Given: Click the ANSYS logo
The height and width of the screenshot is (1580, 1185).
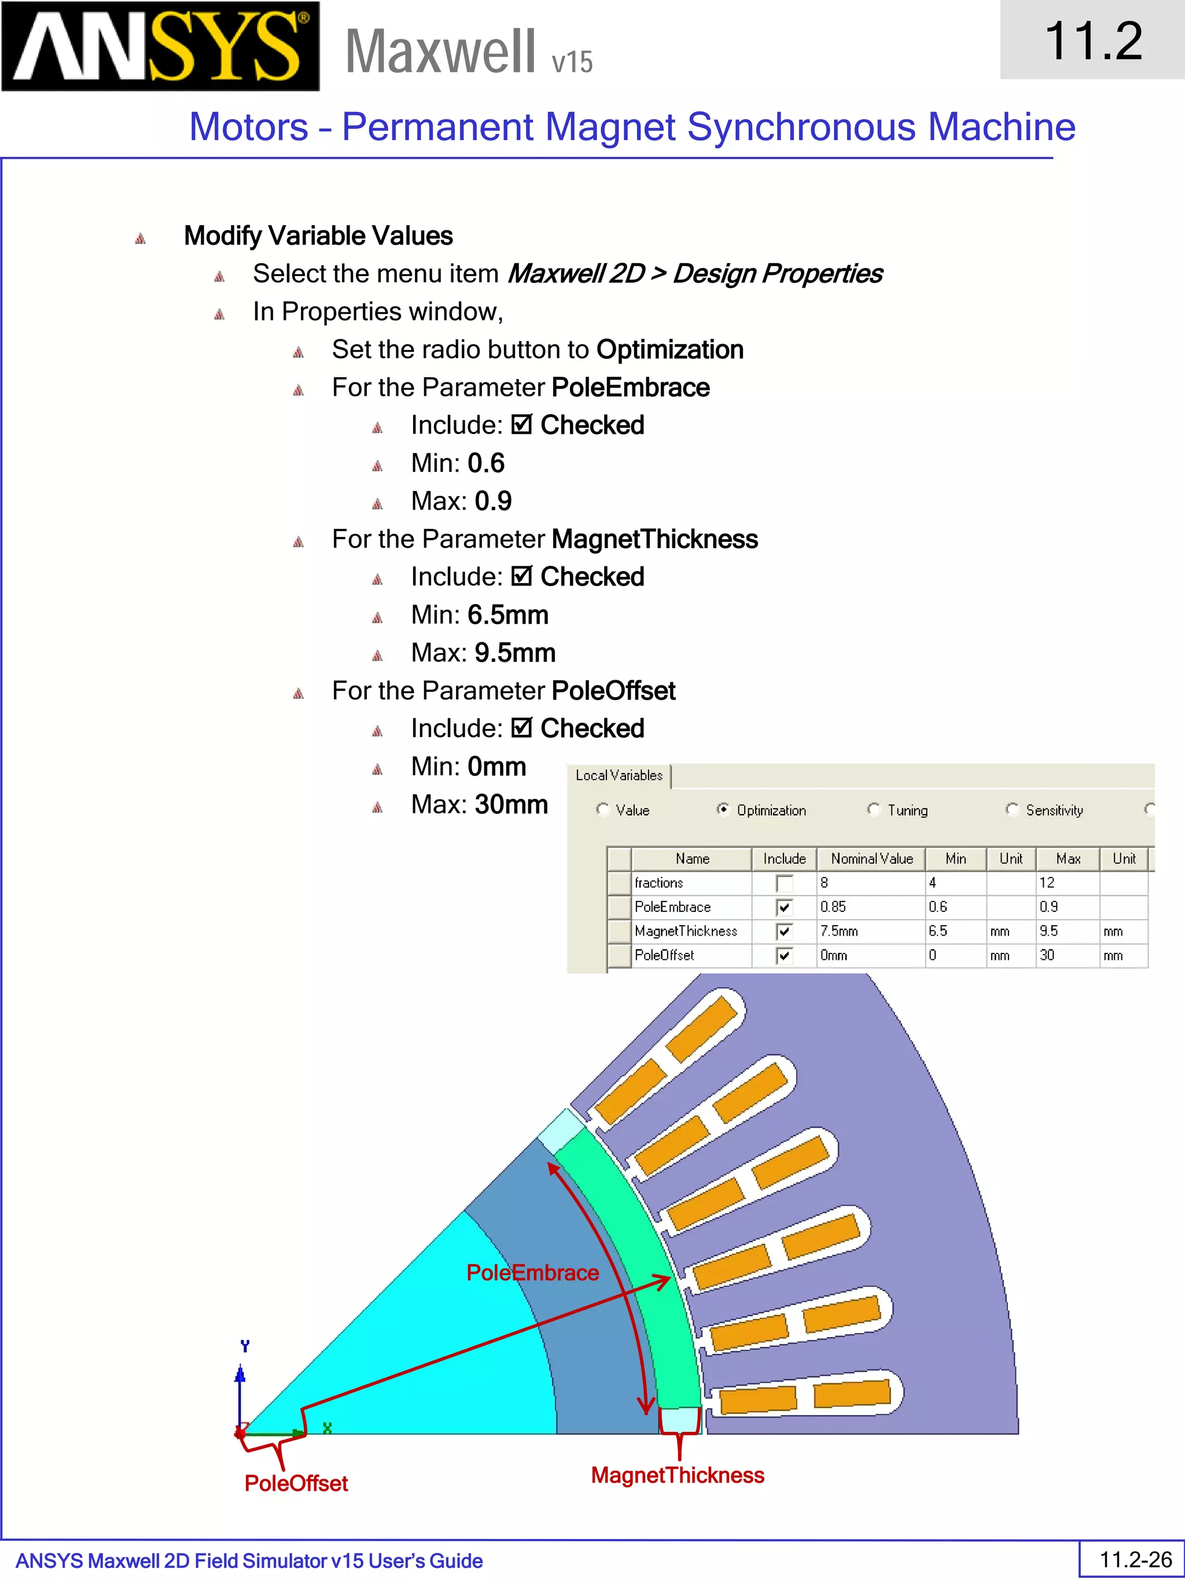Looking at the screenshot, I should click(160, 46).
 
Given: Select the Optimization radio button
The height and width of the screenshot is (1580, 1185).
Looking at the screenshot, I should click(723, 809).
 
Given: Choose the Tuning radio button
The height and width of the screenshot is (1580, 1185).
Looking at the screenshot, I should click(874, 809).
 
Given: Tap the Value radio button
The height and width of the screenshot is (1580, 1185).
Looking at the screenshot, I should click(602, 809).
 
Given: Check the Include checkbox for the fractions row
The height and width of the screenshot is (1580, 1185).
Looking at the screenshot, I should click(783, 883).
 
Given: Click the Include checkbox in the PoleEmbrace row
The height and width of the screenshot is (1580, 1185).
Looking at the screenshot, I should click(783, 907).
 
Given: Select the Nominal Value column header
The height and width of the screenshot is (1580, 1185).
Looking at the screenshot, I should click(871, 859).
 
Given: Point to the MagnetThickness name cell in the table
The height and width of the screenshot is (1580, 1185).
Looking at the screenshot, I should click(686, 931).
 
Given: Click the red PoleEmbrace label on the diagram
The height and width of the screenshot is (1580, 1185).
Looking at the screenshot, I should click(532, 1273).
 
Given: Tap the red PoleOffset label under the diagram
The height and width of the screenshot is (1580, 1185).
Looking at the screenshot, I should click(296, 1483).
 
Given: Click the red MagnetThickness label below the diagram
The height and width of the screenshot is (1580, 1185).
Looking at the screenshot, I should click(677, 1475).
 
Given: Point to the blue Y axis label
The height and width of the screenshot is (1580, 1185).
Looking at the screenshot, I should click(245, 1346).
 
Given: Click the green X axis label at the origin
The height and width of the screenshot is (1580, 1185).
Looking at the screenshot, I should click(327, 1428).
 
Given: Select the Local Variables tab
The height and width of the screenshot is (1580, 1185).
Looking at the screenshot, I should click(619, 776).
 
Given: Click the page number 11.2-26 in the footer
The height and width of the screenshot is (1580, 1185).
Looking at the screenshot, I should click(1135, 1559).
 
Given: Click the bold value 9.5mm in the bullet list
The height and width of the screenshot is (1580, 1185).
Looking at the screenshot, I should click(515, 653).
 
